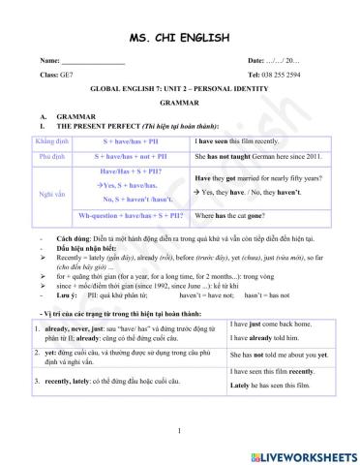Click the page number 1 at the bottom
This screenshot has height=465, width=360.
(180, 429)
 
